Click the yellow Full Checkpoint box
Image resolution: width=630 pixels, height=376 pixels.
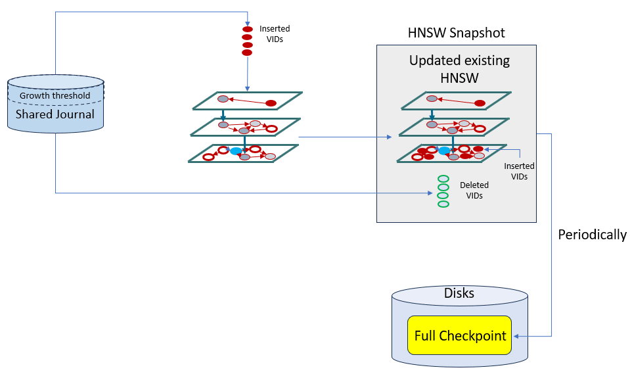coord(460,336)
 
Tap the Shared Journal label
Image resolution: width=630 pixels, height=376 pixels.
coord(55,114)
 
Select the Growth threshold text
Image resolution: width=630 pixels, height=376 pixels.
coord(55,96)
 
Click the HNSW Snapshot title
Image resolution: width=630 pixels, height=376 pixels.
coord(456,33)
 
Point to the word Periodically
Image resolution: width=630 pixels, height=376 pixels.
coord(592,235)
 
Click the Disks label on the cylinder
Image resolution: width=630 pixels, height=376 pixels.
coord(459,293)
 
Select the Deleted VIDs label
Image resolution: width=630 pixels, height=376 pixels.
coord(474,190)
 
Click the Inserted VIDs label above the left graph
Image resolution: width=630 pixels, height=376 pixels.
coord(275,34)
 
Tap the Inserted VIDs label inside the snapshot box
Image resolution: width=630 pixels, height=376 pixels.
coord(519,172)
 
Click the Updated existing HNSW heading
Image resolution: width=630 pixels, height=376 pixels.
coord(459,69)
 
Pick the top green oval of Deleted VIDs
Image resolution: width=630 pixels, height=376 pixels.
coord(443,179)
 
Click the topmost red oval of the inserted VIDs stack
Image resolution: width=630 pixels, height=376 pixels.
coord(248,30)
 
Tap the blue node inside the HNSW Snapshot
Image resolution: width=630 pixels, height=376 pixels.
coord(445,151)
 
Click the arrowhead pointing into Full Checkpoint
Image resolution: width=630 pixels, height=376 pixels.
coord(516,337)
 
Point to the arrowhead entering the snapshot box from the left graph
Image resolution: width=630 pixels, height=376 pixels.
coord(389,137)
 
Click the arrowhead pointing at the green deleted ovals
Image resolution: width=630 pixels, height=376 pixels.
coord(429,193)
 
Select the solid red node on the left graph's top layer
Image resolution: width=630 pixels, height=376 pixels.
coord(271,103)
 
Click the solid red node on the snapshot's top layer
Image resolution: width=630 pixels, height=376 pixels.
coord(480,103)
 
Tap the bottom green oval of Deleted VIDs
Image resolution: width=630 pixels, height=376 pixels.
coord(443,204)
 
